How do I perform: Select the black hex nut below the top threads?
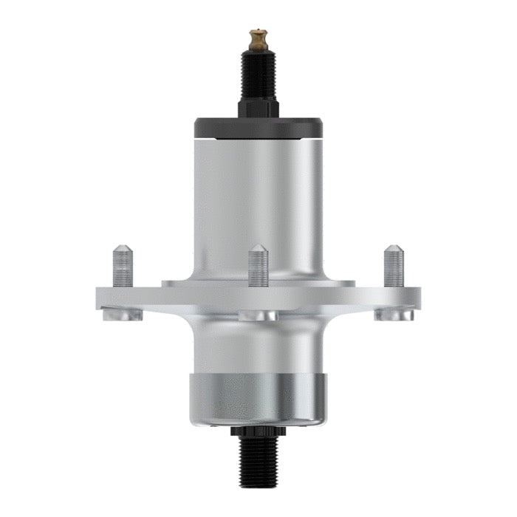coord(258,108)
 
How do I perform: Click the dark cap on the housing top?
coord(258,127)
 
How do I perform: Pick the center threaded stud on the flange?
coord(258,267)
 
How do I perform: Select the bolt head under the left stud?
coord(123,315)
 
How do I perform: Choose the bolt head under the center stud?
coord(258,315)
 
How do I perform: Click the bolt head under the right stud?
coord(393,315)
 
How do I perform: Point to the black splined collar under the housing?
coord(258,432)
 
